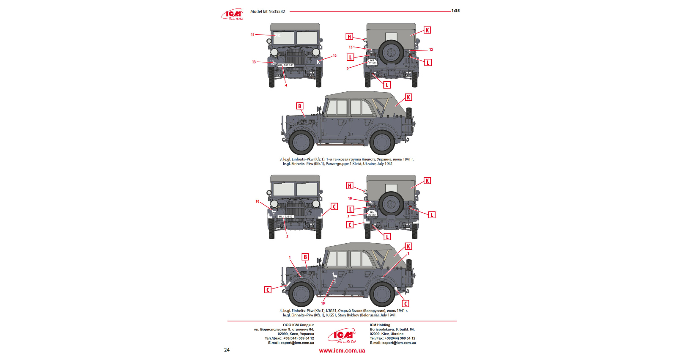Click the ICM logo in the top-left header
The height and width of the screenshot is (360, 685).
click(232, 14)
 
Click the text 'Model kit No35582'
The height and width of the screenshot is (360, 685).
click(267, 11)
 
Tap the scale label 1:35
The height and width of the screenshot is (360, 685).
click(455, 11)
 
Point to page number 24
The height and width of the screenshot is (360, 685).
click(227, 350)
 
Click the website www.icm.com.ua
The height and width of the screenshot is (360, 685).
click(342, 351)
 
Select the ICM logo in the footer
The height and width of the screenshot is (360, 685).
click(342, 336)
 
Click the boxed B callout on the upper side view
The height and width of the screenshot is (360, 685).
click(300, 106)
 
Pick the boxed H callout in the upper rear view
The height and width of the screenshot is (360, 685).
click(349, 37)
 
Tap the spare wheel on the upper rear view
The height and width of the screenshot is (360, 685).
click(391, 52)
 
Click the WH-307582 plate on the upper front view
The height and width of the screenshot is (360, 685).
click(286, 65)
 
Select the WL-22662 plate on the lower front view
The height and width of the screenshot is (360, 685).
click(285, 217)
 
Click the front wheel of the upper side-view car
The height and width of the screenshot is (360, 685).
click(301, 143)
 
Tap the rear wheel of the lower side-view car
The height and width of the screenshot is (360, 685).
click(382, 294)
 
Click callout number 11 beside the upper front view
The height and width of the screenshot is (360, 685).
click(253, 35)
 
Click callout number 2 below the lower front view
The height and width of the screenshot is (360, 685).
click(287, 236)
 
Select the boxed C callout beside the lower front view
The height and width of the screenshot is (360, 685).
click(334, 207)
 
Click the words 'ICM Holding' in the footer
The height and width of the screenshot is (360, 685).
click(380, 325)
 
